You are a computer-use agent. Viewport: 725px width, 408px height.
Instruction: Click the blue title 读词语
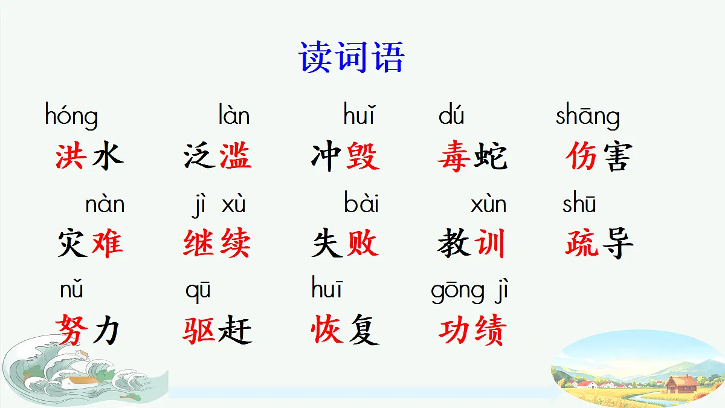coord(351,58)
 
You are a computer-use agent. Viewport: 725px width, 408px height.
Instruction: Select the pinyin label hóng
coord(71,115)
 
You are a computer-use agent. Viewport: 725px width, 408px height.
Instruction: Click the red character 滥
coord(235,156)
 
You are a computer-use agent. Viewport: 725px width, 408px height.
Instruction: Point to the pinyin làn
coord(234,115)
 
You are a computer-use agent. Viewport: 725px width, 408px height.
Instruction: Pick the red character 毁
coord(362,156)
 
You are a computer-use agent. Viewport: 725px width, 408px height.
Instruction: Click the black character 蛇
coord(491,156)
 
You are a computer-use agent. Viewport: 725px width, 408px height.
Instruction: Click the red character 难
coord(107,244)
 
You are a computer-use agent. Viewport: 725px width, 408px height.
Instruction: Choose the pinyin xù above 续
coord(234,205)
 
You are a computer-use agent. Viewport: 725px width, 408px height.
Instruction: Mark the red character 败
coord(362,244)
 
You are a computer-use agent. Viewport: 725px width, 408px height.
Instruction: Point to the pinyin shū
coord(579,204)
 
